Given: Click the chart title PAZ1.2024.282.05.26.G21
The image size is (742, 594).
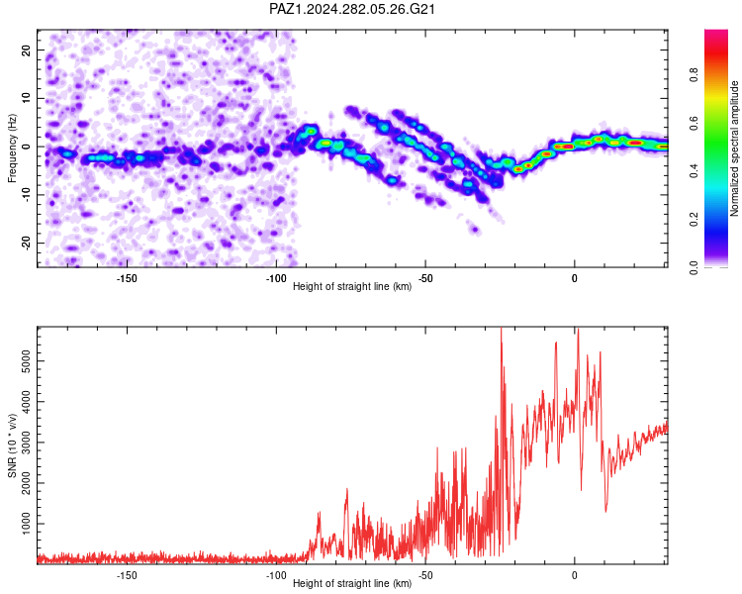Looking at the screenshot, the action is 351,9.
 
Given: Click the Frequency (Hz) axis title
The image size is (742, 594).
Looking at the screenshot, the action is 12,148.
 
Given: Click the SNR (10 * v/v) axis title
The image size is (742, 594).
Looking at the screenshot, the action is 12,445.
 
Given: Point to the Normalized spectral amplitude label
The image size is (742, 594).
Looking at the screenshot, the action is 734,148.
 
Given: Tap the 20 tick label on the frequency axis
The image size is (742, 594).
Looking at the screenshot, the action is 26,50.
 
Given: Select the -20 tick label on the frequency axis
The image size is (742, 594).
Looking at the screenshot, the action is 26,244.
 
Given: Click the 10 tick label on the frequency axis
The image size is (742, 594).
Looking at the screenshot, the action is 26,99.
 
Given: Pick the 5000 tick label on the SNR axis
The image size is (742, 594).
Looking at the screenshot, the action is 26,361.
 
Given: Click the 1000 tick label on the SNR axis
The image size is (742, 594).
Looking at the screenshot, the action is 26,524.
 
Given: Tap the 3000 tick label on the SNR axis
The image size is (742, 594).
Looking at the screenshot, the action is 26,443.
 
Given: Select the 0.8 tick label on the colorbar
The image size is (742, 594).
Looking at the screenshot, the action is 694,75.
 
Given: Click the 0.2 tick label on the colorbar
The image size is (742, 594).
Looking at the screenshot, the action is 694,220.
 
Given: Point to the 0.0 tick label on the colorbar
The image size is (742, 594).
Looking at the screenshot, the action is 694,267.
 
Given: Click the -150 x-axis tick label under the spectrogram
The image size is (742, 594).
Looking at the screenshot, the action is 126,278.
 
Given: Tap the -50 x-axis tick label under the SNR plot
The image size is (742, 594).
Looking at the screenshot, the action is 425,575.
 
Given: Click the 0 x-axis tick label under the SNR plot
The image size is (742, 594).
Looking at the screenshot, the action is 575,575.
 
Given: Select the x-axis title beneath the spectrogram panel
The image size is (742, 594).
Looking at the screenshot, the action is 352,286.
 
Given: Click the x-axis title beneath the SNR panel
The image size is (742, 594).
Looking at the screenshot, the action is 352,583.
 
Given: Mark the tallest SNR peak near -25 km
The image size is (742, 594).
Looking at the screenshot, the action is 502,329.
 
